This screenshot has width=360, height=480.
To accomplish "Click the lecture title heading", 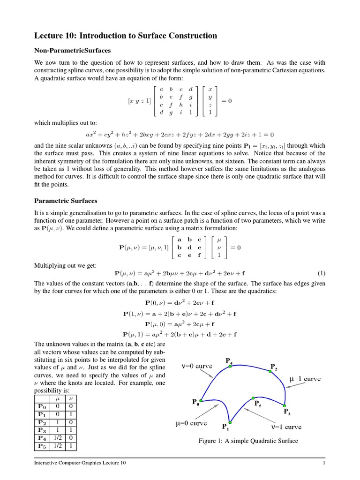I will point(126,36).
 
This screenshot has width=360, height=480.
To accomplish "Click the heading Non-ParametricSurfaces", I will point(73,50).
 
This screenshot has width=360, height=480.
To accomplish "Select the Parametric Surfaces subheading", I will point(66,201).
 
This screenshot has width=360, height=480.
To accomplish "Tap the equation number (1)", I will point(321,273).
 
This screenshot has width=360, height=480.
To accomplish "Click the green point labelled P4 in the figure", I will point(230,366).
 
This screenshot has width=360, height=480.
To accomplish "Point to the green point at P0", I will point(201,401).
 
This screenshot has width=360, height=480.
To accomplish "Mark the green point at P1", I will point(230,422).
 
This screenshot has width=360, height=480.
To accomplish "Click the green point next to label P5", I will point(253,398).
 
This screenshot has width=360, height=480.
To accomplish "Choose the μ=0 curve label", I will point(191,423).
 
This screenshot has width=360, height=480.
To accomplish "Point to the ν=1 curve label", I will point(286,427).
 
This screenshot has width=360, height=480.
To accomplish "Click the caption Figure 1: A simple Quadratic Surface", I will point(248,441).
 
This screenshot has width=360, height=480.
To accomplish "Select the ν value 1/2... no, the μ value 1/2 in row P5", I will point(58,446).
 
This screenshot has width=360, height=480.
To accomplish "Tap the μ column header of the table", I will point(58,398).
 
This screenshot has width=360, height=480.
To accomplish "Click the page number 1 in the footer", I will point(324,463).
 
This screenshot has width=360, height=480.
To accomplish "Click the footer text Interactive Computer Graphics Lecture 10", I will point(80,463).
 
